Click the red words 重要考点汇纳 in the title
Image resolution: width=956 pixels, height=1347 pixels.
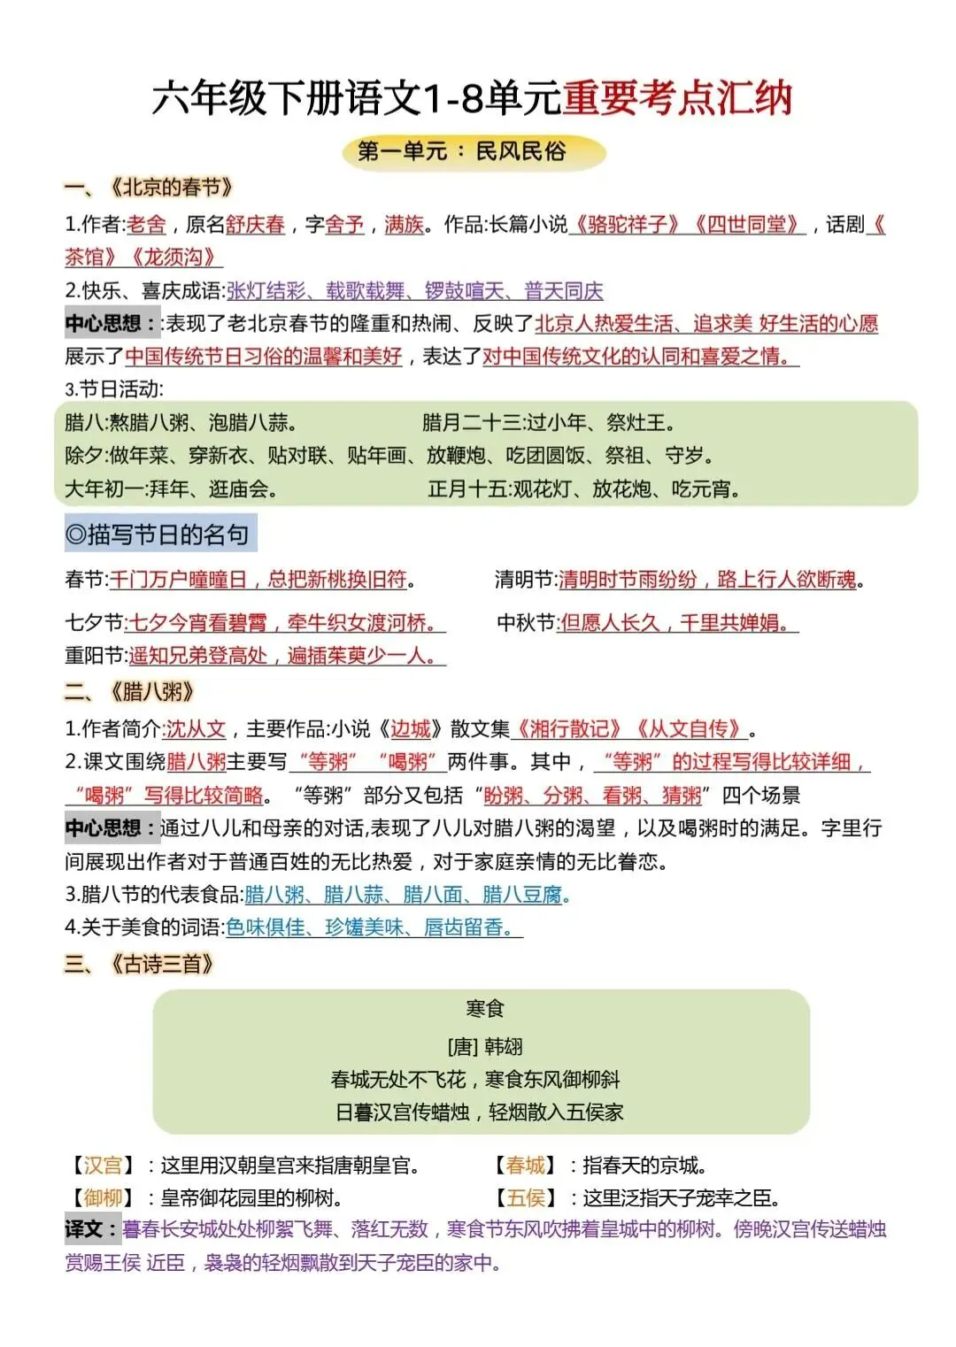[677, 98]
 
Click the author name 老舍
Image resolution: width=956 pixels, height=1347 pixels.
[147, 225]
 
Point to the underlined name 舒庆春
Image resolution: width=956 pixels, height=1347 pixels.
[255, 225]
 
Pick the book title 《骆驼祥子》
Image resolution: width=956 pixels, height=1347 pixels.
[627, 225]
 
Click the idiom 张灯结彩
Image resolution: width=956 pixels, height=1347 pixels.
[266, 291]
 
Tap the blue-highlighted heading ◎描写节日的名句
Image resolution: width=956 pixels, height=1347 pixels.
[159, 535]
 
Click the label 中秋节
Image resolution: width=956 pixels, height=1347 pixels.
[527, 623]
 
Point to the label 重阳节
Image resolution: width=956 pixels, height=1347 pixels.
[95, 656]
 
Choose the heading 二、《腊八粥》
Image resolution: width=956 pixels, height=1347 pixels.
[129, 692]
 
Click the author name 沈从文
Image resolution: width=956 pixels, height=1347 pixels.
[196, 729]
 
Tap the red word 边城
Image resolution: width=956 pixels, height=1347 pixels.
[411, 729]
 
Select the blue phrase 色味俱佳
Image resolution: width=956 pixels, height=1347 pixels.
[266, 928]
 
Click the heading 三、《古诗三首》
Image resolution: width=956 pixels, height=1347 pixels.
[140, 964]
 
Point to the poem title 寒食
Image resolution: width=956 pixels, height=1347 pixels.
[484, 1009]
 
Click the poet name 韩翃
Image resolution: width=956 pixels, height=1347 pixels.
[504, 1047]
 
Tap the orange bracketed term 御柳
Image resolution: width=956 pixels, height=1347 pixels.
[103, 1198]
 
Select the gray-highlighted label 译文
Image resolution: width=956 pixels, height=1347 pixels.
[91, 1229]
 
